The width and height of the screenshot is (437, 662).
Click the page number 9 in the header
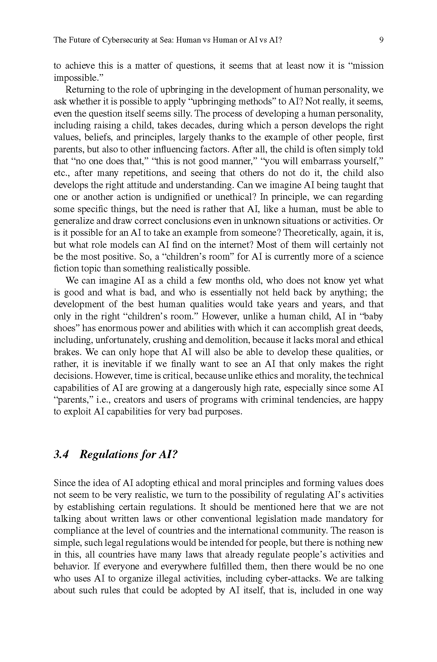[381, 40]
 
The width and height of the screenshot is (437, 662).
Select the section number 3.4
[61, 454]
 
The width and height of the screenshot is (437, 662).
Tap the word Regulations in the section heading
[106, 454]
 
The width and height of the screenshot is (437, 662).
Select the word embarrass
[323, 161]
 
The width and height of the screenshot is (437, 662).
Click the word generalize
[71, 221]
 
